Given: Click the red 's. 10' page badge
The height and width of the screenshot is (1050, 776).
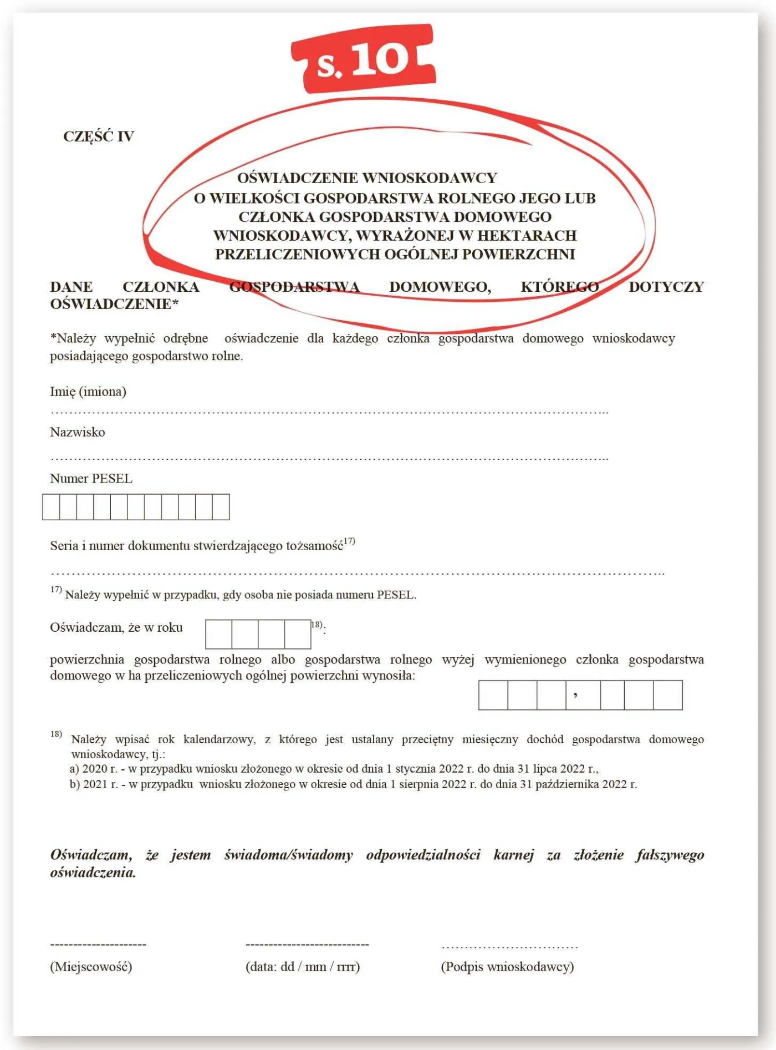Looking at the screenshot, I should point(363,59).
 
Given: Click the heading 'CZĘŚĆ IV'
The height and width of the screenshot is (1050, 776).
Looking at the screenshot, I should point(99,136).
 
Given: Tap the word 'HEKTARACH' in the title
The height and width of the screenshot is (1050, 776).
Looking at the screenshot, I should point(527,236).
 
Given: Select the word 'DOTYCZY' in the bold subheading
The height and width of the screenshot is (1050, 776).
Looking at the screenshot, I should point(666,287).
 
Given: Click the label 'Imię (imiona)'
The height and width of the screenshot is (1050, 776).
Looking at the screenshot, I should point(88,392).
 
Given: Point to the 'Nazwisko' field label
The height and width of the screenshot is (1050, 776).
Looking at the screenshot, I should point(78,432).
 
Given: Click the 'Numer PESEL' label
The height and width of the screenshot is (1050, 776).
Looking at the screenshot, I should point(91,479).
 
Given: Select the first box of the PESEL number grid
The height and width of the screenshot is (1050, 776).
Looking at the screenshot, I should point(51,507).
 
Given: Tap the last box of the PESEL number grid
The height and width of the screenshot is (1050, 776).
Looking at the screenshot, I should point(221,507).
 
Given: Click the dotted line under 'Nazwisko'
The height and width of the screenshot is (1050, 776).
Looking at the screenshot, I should point(329,459).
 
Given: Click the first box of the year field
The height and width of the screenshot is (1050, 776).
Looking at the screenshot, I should point(218,634).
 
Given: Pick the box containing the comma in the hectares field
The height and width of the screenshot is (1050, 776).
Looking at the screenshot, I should point(583,695).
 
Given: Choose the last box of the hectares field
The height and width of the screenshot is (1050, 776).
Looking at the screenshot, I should point(667,695).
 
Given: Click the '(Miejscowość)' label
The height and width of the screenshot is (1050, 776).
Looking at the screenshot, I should point(91,967).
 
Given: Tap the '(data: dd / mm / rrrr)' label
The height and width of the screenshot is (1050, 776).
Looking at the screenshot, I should point(303,967).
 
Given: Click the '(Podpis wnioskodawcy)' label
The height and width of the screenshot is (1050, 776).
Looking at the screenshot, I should point(507,967).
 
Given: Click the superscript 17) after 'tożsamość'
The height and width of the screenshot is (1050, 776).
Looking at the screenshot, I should point(349,541).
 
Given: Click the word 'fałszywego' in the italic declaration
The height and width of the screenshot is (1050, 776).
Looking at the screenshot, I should point(670,855).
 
